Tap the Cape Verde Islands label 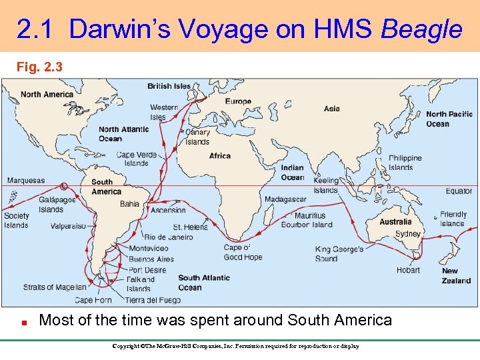point(137,159)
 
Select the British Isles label point(169,86)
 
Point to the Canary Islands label point(197,137)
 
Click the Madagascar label point(285,199)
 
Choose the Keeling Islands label point(326,185)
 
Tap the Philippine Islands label point(405,163)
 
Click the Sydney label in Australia point(407,234)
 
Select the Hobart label point(408,270)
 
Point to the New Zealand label point(456,276)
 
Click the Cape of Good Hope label point(243,252)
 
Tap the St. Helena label point(190,227)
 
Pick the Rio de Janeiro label point(169,237)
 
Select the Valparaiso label point(68,226)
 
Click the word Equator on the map point(459,191)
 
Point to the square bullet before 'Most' point(23,321)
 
